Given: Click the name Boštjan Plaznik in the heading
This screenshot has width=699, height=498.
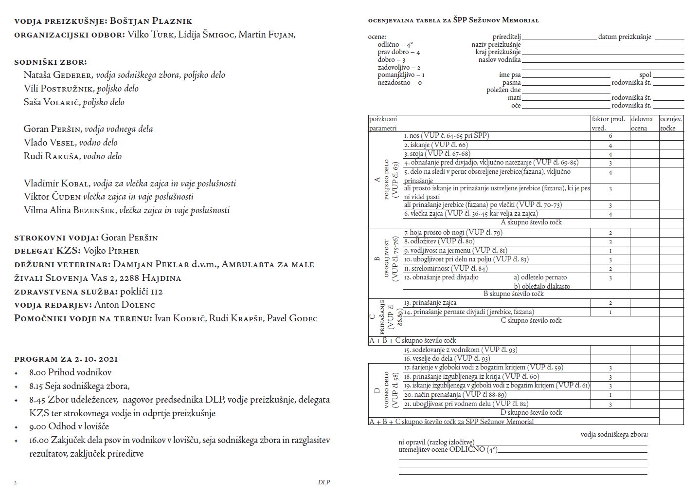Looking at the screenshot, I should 151,21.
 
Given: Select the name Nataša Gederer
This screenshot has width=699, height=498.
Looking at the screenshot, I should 57,75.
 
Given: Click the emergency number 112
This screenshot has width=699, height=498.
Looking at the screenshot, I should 156,292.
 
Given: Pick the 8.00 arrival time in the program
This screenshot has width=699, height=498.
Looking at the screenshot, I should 37,372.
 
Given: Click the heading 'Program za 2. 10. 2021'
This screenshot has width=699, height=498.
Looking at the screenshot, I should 66,359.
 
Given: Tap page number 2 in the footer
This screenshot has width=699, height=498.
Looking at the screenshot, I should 15,483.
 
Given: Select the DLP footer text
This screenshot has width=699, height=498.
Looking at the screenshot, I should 324,482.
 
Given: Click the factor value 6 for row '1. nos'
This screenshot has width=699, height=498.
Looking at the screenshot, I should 610,136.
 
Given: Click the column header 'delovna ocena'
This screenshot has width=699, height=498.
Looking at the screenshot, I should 642,124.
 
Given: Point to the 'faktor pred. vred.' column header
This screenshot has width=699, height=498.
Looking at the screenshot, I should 608,124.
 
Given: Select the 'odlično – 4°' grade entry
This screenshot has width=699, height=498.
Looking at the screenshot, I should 395,44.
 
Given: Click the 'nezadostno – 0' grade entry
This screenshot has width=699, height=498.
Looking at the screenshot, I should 399,83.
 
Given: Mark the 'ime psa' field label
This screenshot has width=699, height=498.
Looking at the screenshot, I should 509,75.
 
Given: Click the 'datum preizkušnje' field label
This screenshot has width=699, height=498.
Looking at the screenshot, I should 625,37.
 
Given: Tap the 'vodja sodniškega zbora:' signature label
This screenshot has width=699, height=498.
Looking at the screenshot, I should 614,435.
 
